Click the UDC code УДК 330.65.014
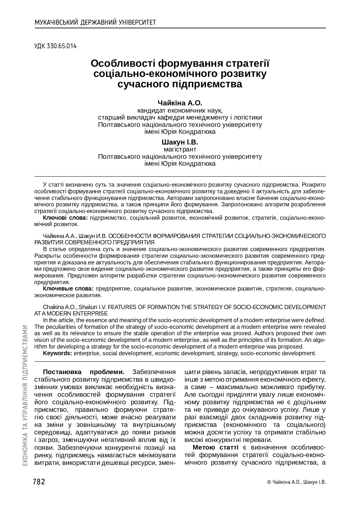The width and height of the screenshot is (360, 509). click(55, 46)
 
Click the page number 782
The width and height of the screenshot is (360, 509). click(39, 482)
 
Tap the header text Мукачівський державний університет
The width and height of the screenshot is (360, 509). click(95, 22)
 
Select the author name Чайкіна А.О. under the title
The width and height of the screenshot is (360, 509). click(180, 103)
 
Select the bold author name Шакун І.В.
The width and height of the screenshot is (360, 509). click(180, 142)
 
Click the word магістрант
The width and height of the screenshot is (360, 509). click(180, 149)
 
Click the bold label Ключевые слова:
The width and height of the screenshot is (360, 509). click(68, 289)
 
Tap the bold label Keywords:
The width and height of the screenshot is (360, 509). click(57, 353)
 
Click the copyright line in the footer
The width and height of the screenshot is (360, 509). click(296, 482)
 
